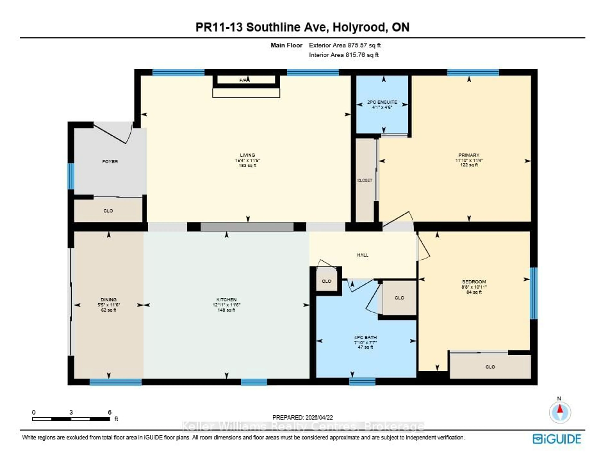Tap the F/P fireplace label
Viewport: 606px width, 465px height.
[243, 80]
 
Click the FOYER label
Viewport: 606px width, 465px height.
[110, 161]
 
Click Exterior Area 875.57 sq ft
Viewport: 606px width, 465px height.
[345, 45]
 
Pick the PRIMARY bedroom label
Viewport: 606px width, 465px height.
[469, 155]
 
